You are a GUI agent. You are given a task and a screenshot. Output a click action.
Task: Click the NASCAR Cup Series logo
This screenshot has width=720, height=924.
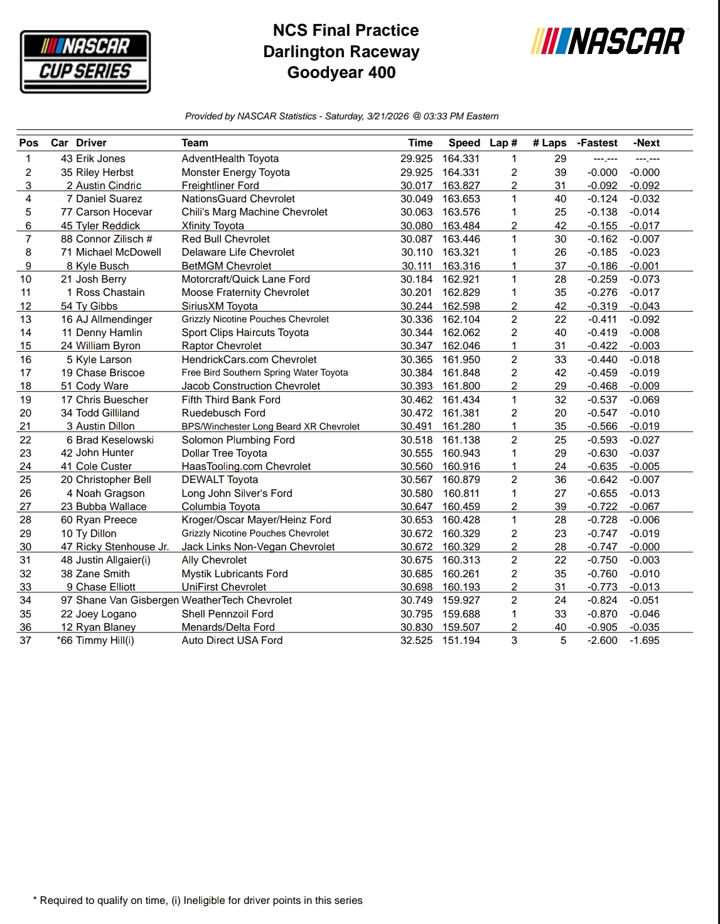(x=85, y=62)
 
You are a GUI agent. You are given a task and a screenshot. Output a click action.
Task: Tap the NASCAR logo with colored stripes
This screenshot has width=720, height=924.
(x=608, y=41)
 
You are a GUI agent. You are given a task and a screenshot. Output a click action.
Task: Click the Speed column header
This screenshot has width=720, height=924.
(x=464, y=143)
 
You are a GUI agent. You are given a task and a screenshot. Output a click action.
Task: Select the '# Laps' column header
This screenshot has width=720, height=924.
(x=549, y=143)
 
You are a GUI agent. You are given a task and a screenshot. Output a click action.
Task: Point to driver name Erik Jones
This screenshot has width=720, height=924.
(x=100, y=159)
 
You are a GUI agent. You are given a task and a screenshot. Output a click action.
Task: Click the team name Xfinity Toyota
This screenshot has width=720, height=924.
(x=213, y=226)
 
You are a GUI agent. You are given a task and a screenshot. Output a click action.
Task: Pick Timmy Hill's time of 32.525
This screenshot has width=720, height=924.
(x=416, y=641)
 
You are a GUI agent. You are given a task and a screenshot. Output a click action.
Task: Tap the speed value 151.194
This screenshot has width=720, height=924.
(x=461, y=641)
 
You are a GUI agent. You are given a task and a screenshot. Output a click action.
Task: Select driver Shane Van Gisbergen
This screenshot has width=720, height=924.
(x=127, y=601)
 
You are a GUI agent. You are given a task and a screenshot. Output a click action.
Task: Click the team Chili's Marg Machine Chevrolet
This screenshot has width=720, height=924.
(x=254, y=212)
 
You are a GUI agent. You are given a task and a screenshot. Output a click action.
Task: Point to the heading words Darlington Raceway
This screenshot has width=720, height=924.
(x=341, y=52)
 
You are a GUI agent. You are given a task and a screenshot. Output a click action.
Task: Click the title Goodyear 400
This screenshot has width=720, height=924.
(x=341, y=73)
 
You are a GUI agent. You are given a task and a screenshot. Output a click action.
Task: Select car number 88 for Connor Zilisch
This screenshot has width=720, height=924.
(x=67, y=239)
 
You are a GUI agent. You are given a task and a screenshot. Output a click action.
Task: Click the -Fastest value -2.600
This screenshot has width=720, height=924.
(x=602, y=641)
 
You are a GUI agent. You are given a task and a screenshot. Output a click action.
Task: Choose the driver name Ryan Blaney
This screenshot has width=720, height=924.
(x=105, y=627)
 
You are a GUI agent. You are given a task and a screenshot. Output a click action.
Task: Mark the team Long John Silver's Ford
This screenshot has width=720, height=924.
(x=237, y=494)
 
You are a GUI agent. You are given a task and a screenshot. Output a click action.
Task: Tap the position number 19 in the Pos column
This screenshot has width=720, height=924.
(x=26, y=400)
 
